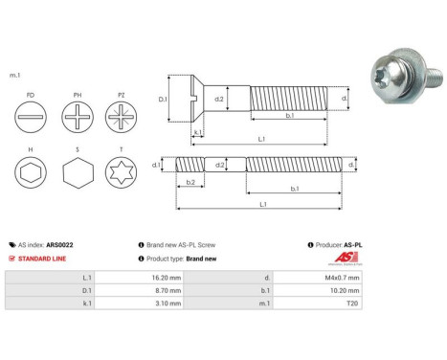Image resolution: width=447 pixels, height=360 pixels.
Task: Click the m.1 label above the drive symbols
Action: click(15, 74)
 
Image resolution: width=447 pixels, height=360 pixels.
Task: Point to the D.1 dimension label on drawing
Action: click(162, 99)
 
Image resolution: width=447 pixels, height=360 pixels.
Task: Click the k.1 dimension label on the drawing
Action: click(197, 132)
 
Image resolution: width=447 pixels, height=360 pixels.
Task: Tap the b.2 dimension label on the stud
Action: click(190, 182)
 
